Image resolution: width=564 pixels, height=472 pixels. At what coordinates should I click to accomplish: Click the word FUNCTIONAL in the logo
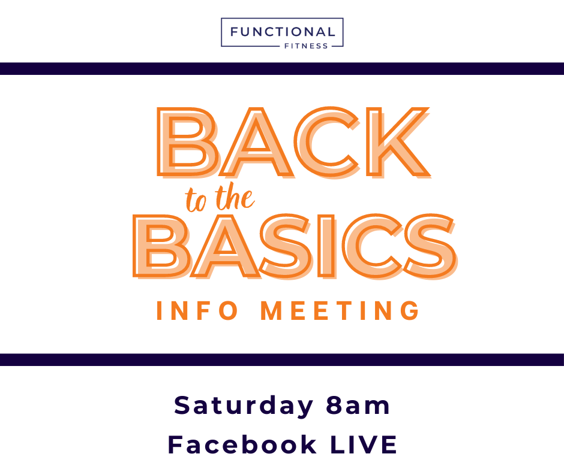(x=283, y=32)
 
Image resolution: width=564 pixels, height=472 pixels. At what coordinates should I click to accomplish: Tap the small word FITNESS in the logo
(x=306, y=46)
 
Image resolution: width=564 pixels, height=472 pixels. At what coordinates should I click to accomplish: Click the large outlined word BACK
(x=294, y=142)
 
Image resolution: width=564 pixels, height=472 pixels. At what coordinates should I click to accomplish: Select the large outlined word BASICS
(x=295, y=246)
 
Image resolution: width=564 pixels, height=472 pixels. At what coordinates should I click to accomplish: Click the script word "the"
(x=235, y=196)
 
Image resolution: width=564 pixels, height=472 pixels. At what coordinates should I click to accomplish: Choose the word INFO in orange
(x=197, y=310)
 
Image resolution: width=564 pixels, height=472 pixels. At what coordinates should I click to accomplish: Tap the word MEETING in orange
(x=340, y=310)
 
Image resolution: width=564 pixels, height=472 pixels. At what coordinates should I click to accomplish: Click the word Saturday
(x=244, y=406)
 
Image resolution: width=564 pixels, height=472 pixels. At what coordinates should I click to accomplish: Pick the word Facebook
(x=242, y=444)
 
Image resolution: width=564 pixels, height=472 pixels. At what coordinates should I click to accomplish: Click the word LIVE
(x=363, y=444)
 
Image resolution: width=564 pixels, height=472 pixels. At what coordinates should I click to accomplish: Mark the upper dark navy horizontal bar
(x=282, y=69)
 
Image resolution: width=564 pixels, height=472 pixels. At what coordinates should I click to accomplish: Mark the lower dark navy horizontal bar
(x=282, y=359)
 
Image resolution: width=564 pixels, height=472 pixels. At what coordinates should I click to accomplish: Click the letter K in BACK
(x=398, y=142)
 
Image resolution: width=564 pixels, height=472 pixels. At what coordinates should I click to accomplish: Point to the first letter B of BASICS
(x=161, y=246)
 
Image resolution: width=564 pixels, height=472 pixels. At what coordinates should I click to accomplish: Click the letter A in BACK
(x=257, y=142)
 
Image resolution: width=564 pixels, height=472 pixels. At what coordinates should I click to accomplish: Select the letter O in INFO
(x=228, y=310)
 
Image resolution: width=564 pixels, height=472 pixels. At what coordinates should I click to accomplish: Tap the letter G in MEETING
(x=410, y=310)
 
